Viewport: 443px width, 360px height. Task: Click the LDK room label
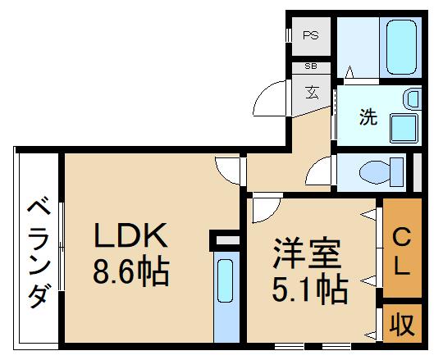(x=130, y=237)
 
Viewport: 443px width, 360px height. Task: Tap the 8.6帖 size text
(x=130, y=271)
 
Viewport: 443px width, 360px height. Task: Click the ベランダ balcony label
(x=36, y=250)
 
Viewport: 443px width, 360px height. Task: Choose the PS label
(x=310, y=35)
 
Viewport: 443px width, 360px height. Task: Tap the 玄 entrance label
(x=313, y=91)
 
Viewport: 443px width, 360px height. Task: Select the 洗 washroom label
(x=367, y=116)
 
